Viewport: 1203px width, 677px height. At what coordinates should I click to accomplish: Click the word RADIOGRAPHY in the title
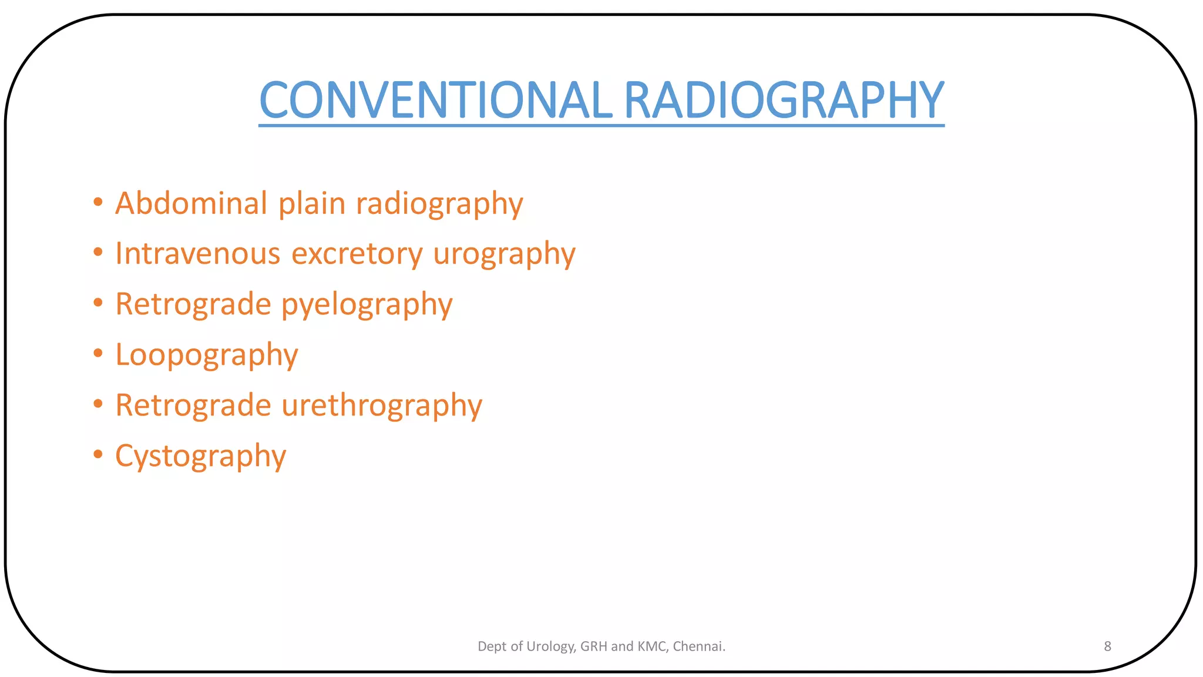(784, 100)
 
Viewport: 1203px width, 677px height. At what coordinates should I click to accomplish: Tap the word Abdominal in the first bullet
(191, 203)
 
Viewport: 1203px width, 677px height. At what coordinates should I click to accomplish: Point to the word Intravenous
(198, 253)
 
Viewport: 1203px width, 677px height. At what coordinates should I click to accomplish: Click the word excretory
(357, 254)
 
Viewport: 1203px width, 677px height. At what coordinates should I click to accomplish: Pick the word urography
(504, 254)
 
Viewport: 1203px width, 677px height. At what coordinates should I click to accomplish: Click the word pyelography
(367, 305)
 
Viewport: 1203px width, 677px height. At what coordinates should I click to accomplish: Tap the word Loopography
(207, 355)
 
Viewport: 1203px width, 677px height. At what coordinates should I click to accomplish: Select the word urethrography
(382, 405)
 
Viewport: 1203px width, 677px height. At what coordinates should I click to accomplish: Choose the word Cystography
(200, 456)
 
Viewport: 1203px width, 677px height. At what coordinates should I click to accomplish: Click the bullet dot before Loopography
(98, 353)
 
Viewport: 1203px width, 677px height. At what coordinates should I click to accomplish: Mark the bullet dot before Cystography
(98, 454)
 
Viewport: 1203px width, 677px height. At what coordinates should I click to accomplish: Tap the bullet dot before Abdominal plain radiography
(98, 202)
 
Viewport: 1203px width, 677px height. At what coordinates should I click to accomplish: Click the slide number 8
(1107, 646)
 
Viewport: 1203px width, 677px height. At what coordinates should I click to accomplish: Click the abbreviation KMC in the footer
(651, 646)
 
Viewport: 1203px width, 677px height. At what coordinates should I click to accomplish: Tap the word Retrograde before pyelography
(193, 304)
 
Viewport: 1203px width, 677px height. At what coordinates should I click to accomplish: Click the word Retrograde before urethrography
(193, 405)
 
